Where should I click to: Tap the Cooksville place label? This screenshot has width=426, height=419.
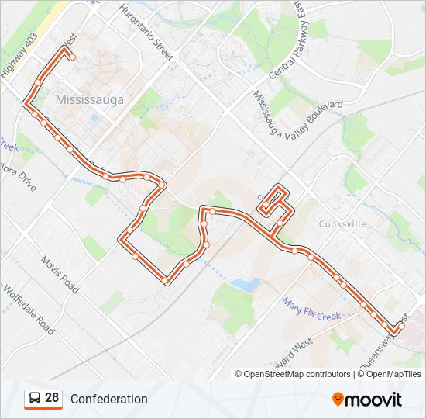coord(342,223)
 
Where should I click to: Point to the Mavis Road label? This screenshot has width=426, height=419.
coord(60,275)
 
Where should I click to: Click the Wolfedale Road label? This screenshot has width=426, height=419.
coord(29,308)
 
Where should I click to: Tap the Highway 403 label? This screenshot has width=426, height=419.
coord(18,53)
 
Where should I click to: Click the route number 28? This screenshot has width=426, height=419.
coord(52,398)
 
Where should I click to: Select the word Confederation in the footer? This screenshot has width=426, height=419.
coord(108,400)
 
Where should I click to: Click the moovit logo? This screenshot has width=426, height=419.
coord(367,399)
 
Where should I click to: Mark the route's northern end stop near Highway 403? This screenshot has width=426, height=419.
coord(72,57)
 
